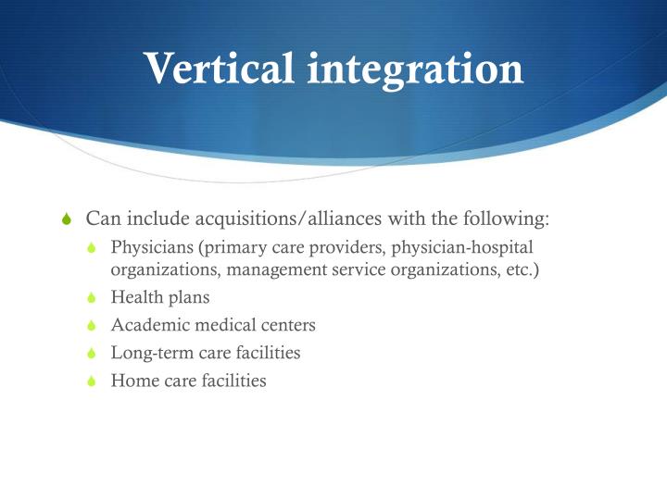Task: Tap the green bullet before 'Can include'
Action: pyautogui.click(x=65, y=220)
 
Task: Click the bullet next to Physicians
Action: pyautogui.click(x=92, y=248)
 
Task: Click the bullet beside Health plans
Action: pyautogui.click(x=92, y=299)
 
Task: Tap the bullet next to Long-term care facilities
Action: pyautogui.click(x=92, y=354)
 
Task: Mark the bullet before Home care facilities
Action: pyautogui.click(x=92, y=381)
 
